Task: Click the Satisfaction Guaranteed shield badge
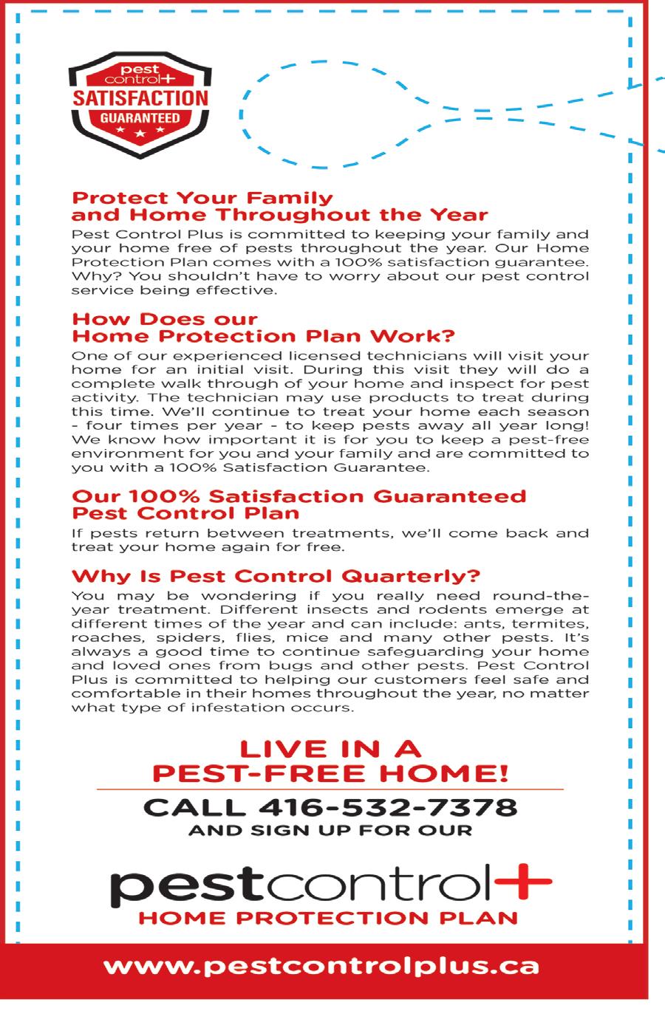pyautogui.click(x=138, y=105)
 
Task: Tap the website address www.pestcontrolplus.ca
pyautogui.click(x=321, y=966)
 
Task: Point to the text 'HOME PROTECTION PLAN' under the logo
pyautogui.click(x=328, y=919)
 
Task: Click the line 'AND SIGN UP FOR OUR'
pyautogui.click(x=330, y=830)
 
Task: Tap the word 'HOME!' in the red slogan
pyautogui.click(x=456, y=773)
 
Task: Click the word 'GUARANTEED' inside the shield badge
pyautogui.click(x=139, y=118)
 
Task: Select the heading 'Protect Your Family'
pyautogui.click(x=202, y=198)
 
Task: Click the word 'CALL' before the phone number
pyautogui.click(x=193, y=806)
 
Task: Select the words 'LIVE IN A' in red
pyautogui.click(x=330, y=750)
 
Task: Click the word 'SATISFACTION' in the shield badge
pyautogui.click(x=139, y=98)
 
